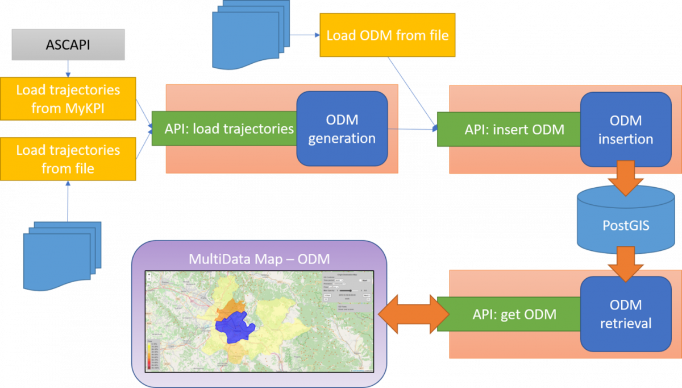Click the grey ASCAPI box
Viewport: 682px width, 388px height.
(68, 45)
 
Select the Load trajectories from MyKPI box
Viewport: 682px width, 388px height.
(68, 99)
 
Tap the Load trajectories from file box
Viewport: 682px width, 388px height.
(68, 159)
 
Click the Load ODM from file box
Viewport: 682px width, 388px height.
(387, 35)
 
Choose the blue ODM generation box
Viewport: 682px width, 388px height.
(342, 129)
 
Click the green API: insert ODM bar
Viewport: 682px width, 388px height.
(509, 129)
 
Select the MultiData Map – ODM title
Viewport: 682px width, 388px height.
(259, 260)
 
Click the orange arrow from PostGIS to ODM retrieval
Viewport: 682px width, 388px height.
(625, 263)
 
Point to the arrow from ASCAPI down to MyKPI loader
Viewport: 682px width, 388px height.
(68, 68)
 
